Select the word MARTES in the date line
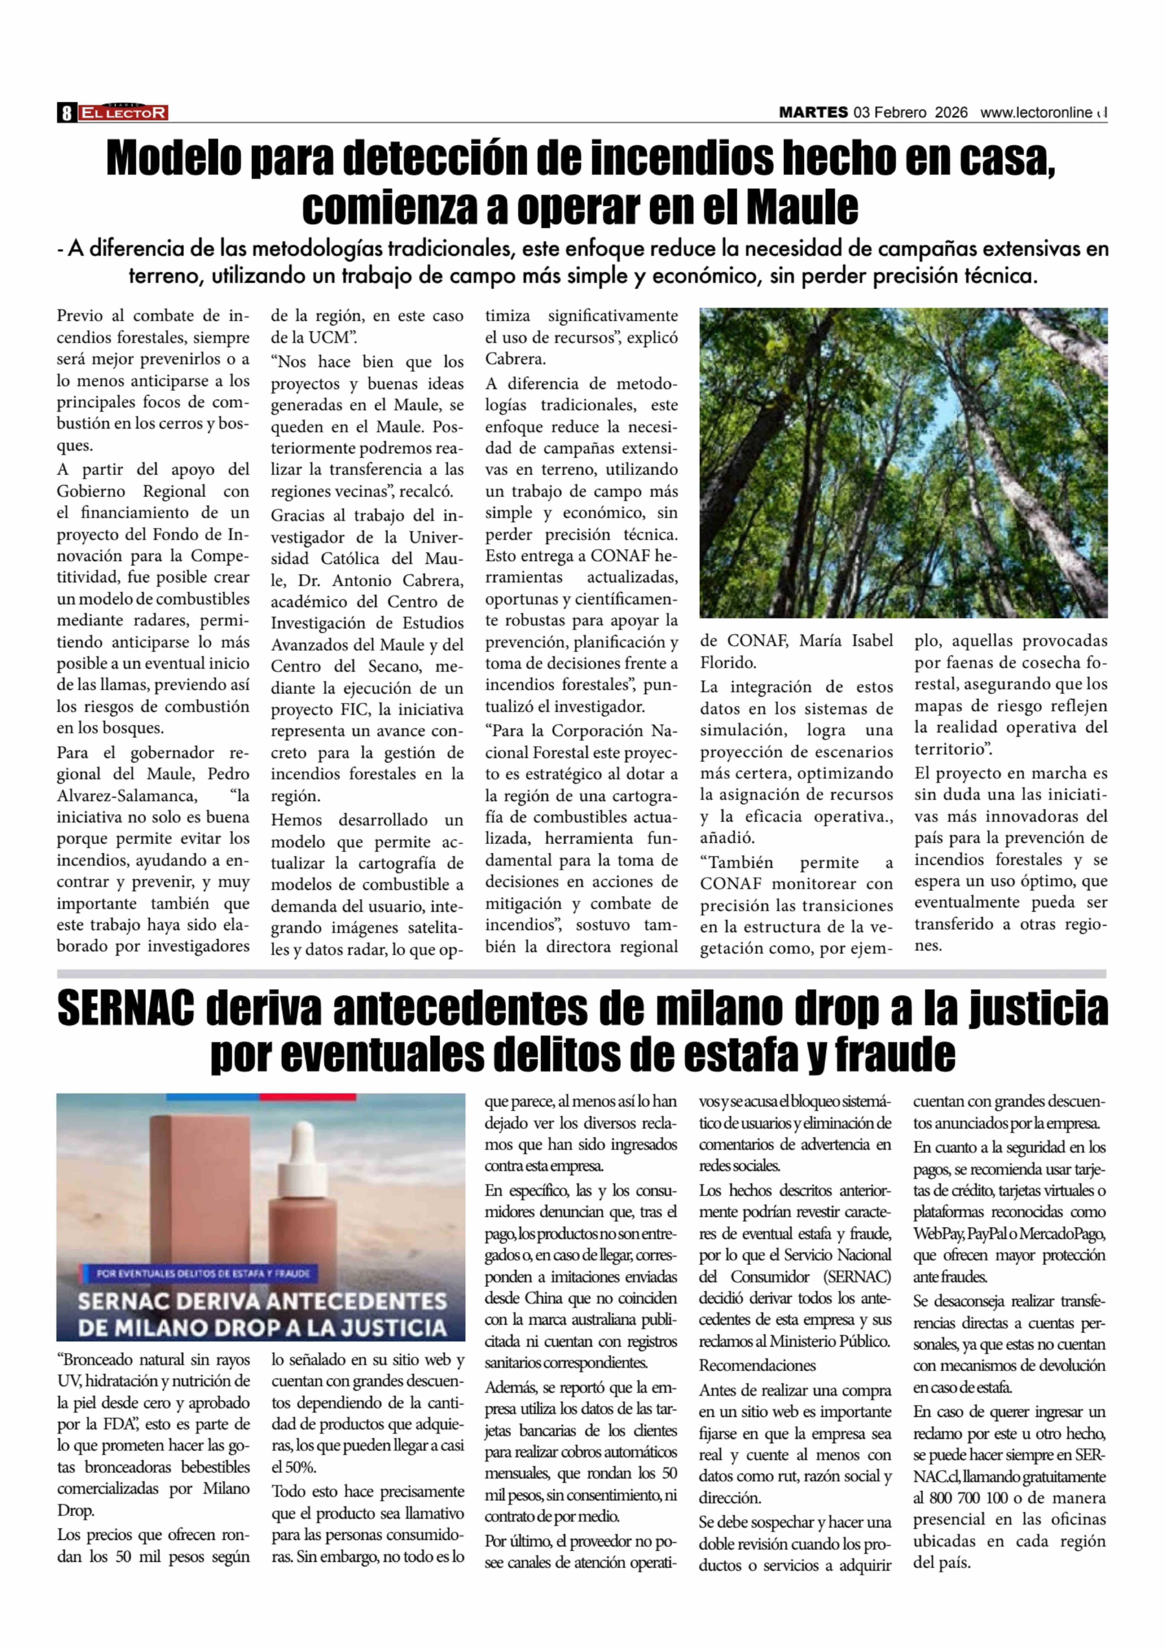click(813, 113)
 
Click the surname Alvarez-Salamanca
click(126, 795)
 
